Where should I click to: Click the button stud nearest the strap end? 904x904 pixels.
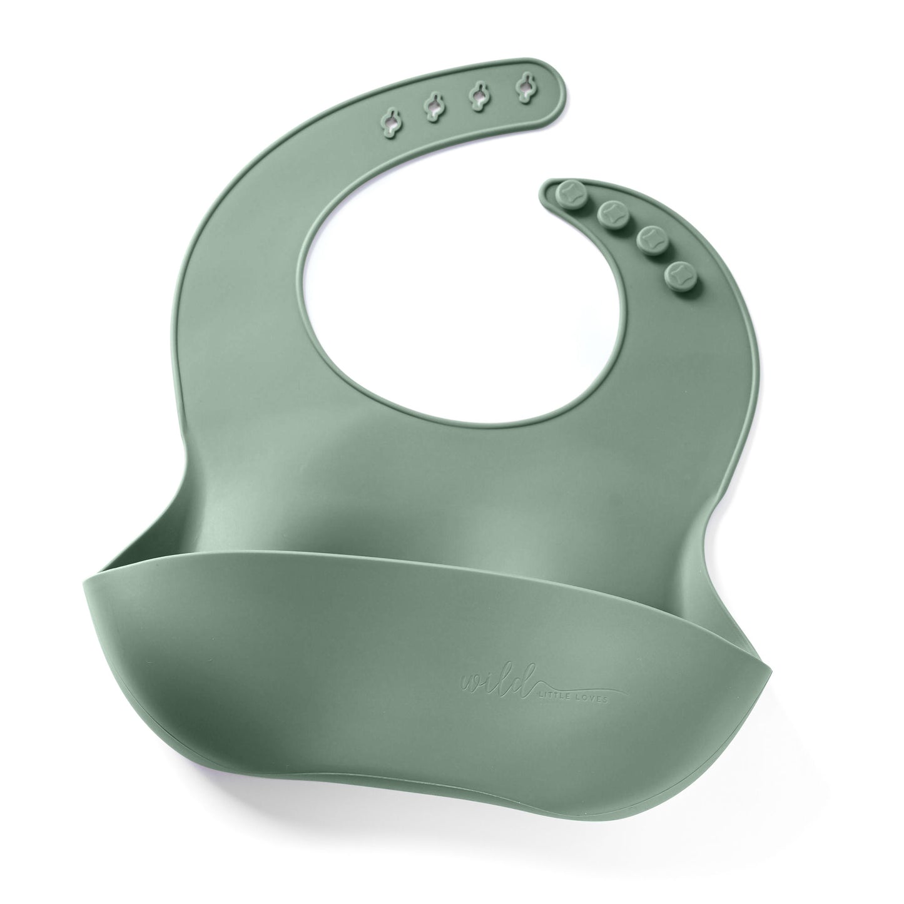pos(566,193)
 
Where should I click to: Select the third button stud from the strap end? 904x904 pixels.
pos(650,240)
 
